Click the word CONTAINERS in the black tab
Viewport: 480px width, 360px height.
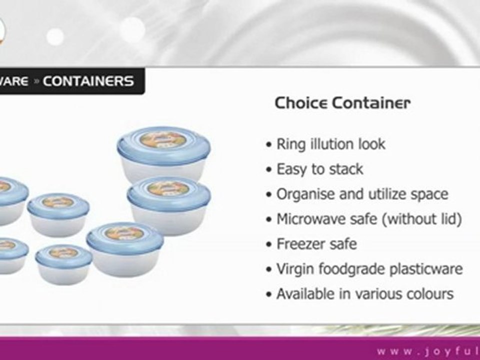88,81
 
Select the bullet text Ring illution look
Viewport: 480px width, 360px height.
330,144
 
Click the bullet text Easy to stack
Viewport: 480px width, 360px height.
319,169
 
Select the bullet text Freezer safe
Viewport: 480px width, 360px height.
316,244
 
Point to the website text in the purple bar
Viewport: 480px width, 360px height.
427,350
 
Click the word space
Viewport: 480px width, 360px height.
430,194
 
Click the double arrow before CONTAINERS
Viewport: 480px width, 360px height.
36,81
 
